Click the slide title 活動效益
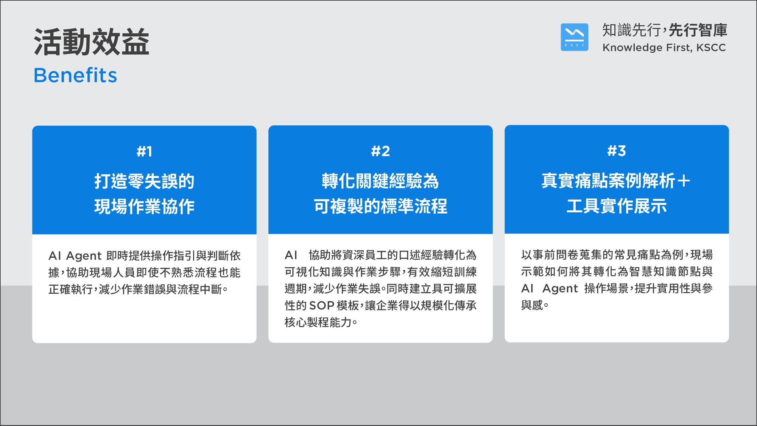click(92, 42)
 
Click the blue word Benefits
click(75, 75)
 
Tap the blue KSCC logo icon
click(575, 37)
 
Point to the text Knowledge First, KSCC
click(664, 48)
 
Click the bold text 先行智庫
click(698, 30)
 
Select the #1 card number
click(145, 151)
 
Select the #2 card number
click(380, 151)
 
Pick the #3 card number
click(617, 151)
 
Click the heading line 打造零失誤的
click(145, 181)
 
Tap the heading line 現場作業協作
click(145, 207)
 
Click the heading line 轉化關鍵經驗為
click(380, 181)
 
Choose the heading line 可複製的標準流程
click(380, 206)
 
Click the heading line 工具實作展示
click(617, 206)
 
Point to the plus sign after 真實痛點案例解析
click(684, 181)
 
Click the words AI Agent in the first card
click(75, 256)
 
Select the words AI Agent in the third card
click(550, 289)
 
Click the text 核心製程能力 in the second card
click(318, 322)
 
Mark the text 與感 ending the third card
click(532, 305)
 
